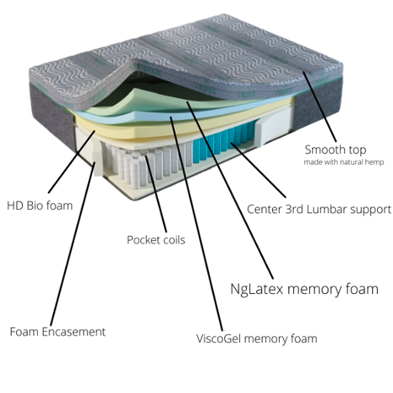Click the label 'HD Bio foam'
(x=39, y=206)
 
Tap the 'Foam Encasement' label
(x=58, y=332)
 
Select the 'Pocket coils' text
(x=156, y=240)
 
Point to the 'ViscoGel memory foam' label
(x=257, y=339)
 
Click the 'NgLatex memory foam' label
(x=304, y=289)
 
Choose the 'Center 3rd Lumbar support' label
(x=319, y=210)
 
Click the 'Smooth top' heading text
(x=336, y=149)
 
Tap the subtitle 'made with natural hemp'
(x=343, y=162)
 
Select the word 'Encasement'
(x=74, y=332)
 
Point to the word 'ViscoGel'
(x=219, y=339)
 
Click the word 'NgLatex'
(x=257, y=289)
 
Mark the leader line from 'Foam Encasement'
(x=72, y=243)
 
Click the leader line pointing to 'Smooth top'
(x=319, y=107)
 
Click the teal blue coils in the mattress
(x=223, y=142)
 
